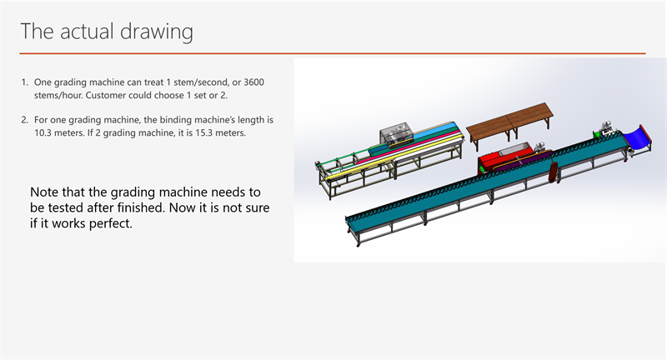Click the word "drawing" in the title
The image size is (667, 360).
(x=156, y=32)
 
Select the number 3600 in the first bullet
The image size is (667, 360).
(x=254, y=82)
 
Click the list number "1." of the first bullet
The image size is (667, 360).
(x=25, y=82)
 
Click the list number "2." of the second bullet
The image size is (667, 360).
(x=25, y=120)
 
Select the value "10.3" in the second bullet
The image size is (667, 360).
(x=43, y=132)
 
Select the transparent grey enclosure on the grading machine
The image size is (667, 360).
(x=397, y=134)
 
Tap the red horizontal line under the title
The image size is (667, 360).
(x=332, y=53)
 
